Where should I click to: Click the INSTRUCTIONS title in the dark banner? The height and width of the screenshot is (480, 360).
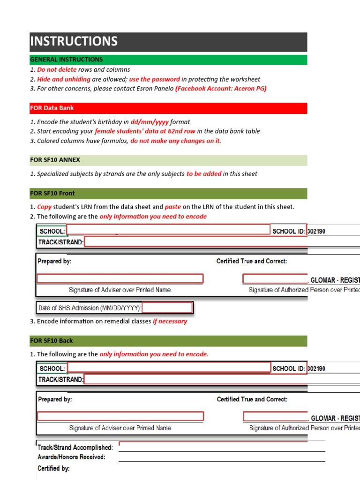pyautogui.click(x=74, y=42)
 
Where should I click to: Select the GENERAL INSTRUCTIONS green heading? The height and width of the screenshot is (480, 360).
pyautogui.click(x=67, y=60)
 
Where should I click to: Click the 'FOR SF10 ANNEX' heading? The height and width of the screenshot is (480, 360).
pyautogui.click(x=55, y=160)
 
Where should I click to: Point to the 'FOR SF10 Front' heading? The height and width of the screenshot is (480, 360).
pyautogui.click(x=52, y=193)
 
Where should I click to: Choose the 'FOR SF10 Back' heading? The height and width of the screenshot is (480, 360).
pyautogui.click(x=52, y=341)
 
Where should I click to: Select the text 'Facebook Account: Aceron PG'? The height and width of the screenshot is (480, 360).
pyautogui.click(x=221, y=89)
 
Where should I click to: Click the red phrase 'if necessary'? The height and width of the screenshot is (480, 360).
pyautogui.click(x=170, y=322)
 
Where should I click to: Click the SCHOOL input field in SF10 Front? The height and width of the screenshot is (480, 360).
pyautogui.click(x=169, y=230)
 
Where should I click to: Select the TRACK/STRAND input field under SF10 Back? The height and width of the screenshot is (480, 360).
pyautogui.click(x=220, y=379)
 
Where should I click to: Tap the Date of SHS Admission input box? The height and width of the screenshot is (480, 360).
pyautogui.click(x=167, y=308)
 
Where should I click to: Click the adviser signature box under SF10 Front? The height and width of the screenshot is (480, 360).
pyautogui.click(x=120, y=279)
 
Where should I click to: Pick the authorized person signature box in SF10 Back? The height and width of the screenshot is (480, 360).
pyautogui.click(x=276, y=416)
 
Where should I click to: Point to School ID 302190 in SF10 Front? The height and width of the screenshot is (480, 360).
pyautogui.click(x=316, y=231)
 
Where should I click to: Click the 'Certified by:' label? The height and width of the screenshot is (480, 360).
pyautogui.click(x=53, y=468)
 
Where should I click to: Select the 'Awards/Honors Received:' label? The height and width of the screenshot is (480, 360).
pyautogui.click(x=71, y=457)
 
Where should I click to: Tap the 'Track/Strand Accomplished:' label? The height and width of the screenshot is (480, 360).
pyautogui.click(x=75, y=448)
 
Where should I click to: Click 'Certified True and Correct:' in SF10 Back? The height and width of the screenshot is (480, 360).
pyautogui.click(x=252, y=399)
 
